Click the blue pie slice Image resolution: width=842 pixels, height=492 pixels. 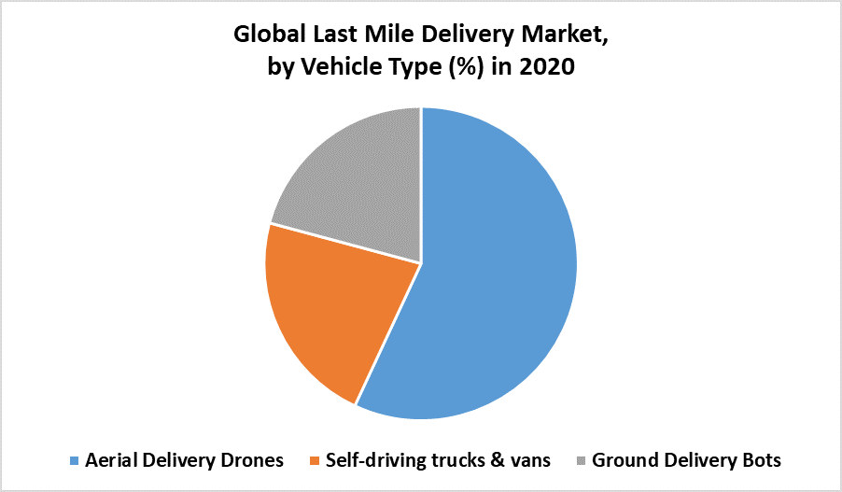[x=495, y=271]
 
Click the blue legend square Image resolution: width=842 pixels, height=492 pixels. [x=75, y=461]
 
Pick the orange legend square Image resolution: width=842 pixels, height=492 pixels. [x=316, y=461]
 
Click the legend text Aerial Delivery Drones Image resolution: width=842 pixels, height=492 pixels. [x=185, y=460]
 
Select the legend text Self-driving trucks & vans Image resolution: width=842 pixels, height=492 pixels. [x=439, y=460]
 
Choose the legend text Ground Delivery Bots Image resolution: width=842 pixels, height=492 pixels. [x=686, y=460]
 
